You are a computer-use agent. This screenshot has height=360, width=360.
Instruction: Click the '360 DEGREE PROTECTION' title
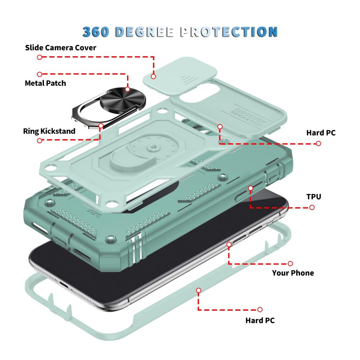[180, 32]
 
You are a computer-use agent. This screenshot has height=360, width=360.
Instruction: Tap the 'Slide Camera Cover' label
[60, 48]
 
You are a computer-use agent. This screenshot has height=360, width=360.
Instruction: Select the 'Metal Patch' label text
[45, 83]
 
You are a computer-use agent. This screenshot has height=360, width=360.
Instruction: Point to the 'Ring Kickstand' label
[49, 131]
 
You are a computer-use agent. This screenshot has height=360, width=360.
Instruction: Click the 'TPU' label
[314, 197]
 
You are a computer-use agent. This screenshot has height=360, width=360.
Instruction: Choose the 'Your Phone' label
[293, 273]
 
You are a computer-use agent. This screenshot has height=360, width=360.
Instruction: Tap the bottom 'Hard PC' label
[260, 320]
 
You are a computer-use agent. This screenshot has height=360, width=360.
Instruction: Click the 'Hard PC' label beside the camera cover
[321, 133]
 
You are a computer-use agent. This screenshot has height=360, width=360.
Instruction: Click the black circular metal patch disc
[123, 98]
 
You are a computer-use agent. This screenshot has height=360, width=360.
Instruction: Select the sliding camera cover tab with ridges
[180, 76]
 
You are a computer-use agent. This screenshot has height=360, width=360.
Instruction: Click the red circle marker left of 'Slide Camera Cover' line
[40, 57]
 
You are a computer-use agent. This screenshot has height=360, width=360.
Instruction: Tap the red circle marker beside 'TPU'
[312, 208]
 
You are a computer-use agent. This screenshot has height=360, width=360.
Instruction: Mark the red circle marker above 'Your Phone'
[290, 264]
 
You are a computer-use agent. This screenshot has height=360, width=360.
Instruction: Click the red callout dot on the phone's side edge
[229, 244]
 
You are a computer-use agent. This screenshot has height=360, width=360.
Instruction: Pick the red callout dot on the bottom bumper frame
[199, 291]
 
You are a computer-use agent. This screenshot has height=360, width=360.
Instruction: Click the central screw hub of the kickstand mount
[151, 147]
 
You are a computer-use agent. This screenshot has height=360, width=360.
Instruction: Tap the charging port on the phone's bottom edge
[63, 285]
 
